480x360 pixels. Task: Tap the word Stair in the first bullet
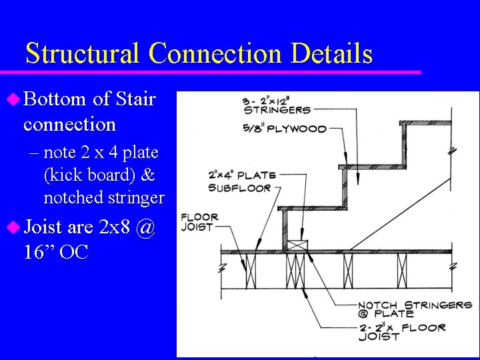[x=135, y=99]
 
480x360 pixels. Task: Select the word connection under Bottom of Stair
[x=69, y=124]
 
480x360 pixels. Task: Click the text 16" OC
[x=55, y=253]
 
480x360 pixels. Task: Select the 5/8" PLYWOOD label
[x=285, y=129]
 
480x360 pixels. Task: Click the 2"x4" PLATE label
[x=242, y=175]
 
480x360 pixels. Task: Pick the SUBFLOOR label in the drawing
[x=239, y=188]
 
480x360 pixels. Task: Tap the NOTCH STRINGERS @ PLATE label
[x=415, y=309]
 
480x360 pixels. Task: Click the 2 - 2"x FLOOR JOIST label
[x=401, y=331]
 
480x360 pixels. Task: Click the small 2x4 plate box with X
[x=297, y=246]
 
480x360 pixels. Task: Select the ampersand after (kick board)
[x=148, y=175]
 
